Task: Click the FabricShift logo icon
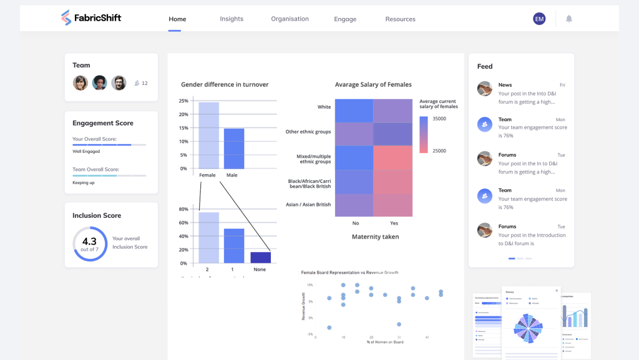[x=66, y=18]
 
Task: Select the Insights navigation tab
[x=232, y=19]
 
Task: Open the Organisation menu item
[x=290, y=19]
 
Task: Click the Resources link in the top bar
[x=400, y=19]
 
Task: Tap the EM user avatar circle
[x=539, y=19]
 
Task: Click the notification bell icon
[x=569, y=19]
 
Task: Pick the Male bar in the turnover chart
[x=234, y=148]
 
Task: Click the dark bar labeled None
[x=260, y=257]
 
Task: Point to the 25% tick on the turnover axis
[x=183, y=101]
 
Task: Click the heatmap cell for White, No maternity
[x=354, y=110]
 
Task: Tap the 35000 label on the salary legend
[x=440, y=119]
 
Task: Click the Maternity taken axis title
[x=375, y=237]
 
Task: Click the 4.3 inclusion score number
[x=89, y=241]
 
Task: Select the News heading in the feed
[x=505, y=85]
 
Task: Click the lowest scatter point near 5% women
[x=329, y=328]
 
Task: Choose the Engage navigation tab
[x=345, y=19]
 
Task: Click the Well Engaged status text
[x=86, y=152]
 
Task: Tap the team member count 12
[x=145, y=83]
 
